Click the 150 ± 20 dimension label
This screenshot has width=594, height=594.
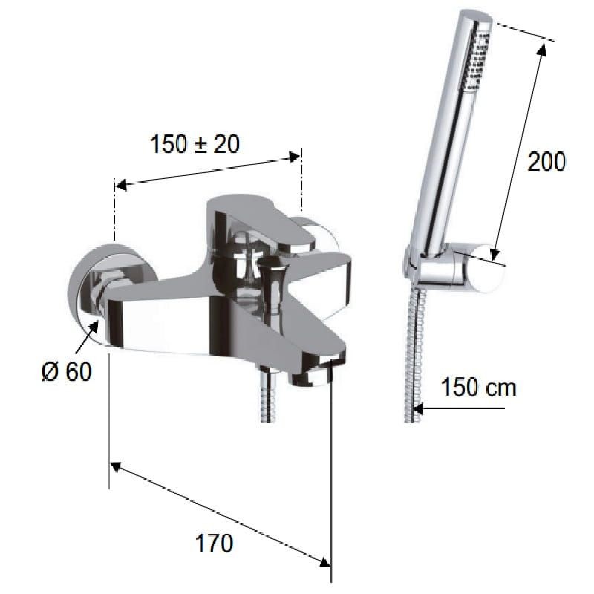(195, 144)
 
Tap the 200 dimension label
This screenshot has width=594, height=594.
(546, 161)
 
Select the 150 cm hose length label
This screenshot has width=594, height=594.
(479, 387)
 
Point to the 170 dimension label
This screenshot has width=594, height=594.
(214, 544)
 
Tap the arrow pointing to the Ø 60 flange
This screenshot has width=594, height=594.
(87, 337)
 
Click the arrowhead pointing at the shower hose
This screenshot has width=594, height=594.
(418, 408)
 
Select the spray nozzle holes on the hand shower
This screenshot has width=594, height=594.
(476, 62)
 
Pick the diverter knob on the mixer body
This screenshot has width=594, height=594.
(272, 284)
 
